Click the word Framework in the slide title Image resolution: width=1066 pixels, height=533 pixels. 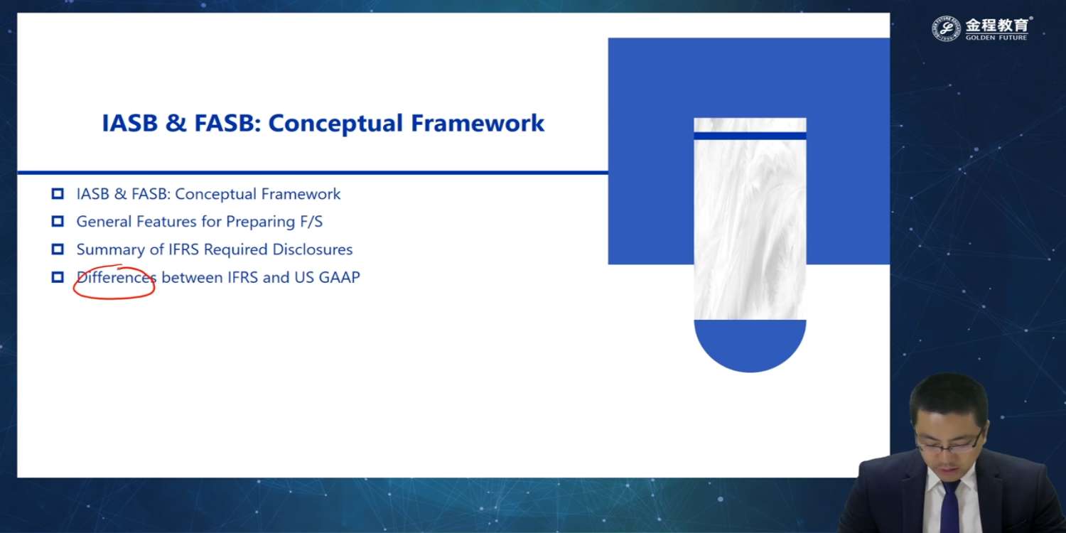click(478, 123)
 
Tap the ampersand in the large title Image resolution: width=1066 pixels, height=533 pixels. click(176, 123)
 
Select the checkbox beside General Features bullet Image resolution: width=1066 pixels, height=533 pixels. click(58, 221)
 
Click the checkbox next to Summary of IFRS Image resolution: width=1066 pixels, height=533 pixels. click(58, 249)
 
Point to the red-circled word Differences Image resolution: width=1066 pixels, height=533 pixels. click(116, 277)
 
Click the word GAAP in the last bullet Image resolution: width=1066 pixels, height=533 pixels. click(339, 277)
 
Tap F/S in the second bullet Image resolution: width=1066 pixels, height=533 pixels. click(311, 222)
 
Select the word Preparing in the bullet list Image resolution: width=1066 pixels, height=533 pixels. click(260, 222)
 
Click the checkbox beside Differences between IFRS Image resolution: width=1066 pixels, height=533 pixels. click(58, 277)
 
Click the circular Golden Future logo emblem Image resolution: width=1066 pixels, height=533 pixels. click(946, 28)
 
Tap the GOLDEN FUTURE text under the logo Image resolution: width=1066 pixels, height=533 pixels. click(996, 37)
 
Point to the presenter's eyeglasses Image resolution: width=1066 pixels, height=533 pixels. click(949, 444)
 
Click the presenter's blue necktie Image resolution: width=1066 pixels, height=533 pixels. click(949, 507)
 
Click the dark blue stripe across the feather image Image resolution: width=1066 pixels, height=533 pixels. click(750, 136)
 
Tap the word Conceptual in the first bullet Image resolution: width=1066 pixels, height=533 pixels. click(215, 194)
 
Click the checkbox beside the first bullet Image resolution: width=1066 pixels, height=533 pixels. click(58, 194)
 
